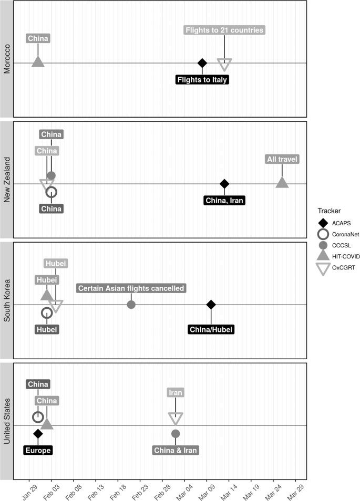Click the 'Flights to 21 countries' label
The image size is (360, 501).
coord(224,30)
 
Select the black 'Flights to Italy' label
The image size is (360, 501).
coord(202,80)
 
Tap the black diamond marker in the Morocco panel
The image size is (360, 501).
coord(202,63)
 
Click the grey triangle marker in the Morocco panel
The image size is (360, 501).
coord(38,62)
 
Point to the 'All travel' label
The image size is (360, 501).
coord(282,159)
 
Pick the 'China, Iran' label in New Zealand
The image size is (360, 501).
coord(224,200)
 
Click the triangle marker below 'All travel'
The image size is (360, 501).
coord(282,183)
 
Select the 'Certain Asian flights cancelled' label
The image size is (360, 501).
coord(131,288)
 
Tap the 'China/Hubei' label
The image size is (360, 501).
coord(211,329)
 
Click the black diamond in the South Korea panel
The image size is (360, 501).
coord(211,305)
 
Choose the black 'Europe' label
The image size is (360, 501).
coord(38,450)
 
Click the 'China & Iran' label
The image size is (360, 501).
coord(176,450)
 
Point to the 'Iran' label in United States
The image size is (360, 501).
coord(176,392)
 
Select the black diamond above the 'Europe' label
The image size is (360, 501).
coord(38,433)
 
